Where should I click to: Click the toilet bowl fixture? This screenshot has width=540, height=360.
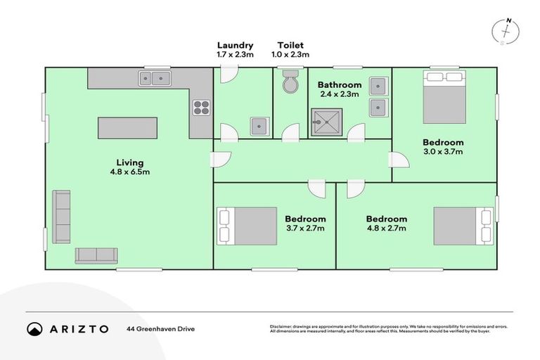click(290, 83)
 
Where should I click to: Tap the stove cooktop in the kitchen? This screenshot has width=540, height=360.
click(202, 108)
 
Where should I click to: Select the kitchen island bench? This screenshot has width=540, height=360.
click(127, 128)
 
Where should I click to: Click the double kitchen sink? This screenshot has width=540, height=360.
click(155, 77)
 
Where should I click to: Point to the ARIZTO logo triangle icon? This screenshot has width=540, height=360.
click(34, 328)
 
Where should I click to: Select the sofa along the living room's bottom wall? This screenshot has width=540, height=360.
click(96, 255)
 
